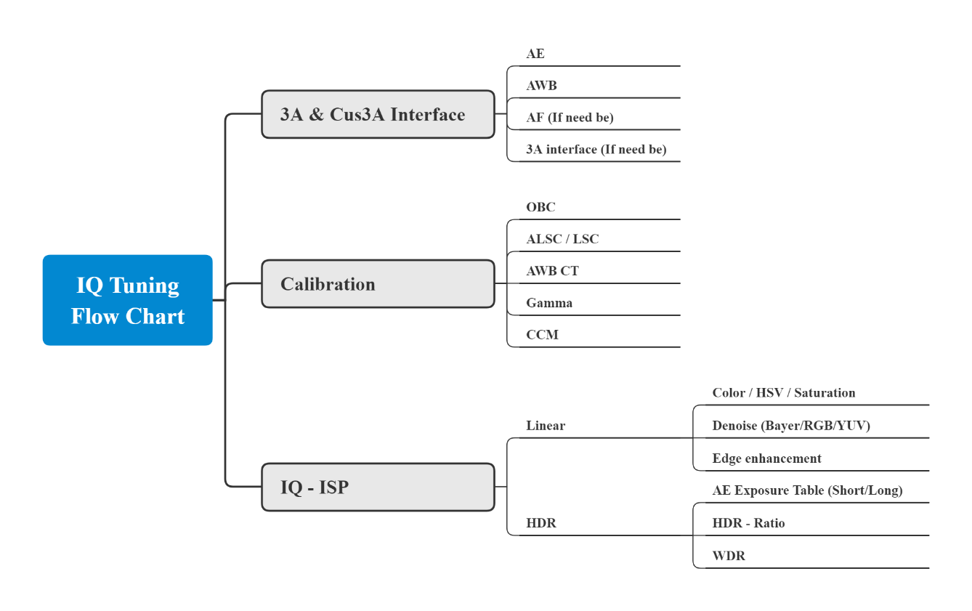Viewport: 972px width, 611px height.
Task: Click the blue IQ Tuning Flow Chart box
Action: click(128, 300)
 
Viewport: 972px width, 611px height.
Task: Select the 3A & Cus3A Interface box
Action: click(378, 114)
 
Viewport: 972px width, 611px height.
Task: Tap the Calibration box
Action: click(378, 284)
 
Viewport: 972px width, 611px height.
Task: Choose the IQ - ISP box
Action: click(378, 487)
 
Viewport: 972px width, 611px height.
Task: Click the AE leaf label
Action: click(535, 54)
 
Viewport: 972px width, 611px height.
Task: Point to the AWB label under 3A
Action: click(541, 86)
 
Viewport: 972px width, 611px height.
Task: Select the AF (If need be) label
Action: click(570, 118)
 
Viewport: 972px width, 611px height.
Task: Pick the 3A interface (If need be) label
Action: click(596, 150)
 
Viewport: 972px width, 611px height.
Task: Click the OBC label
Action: click(540, 207)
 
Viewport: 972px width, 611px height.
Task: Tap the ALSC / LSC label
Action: click(562, 239)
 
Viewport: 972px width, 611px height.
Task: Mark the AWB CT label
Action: click(552, 271)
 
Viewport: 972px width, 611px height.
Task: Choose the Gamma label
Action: click(549, 303)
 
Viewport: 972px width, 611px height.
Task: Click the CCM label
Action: click(542, 335)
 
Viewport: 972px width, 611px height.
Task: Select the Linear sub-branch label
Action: click(546, 426)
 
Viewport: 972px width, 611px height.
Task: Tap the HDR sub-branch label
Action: click(541, 523)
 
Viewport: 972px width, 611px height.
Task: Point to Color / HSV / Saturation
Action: click(784, 393)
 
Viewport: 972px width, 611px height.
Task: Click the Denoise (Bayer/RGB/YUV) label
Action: click(791, 426)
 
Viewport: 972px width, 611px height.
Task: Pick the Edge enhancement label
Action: click(766, 458)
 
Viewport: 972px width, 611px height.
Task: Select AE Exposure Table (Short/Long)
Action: click(807, 490)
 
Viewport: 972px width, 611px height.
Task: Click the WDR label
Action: click(729, 556)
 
